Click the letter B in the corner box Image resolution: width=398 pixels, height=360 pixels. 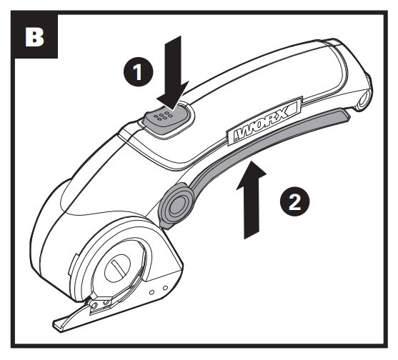coord(34,37)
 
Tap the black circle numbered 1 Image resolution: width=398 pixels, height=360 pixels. coord(138,72)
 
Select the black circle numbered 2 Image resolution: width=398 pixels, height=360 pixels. coord(294,202)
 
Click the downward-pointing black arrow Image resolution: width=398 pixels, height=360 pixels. coord(174,72)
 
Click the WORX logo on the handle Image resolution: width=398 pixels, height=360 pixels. coord(264,121)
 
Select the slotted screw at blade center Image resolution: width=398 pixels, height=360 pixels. coord(117,268)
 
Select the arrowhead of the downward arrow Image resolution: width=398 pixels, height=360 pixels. coord(173,96)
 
